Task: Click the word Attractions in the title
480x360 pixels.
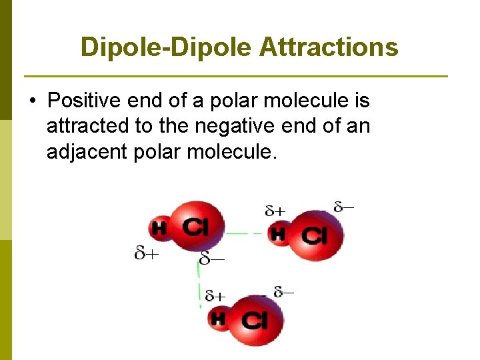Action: (329, 47)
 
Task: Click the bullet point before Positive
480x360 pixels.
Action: (32, 102)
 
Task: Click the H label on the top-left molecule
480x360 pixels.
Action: (159, 229)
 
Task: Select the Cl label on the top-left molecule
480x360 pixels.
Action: (195, 227)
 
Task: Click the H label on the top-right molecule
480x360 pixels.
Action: (278, 233)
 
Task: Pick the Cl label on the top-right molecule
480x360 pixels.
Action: (314, 235)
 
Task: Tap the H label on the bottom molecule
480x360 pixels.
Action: (218, 319)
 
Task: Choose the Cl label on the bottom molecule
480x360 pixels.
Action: (254, 320)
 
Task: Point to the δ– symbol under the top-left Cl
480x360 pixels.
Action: (212, 257)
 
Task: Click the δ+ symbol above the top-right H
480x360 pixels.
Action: (275, 211)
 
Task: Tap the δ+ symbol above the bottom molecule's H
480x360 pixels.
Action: (215, 295)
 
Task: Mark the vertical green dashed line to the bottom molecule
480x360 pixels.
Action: (199, 283)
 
